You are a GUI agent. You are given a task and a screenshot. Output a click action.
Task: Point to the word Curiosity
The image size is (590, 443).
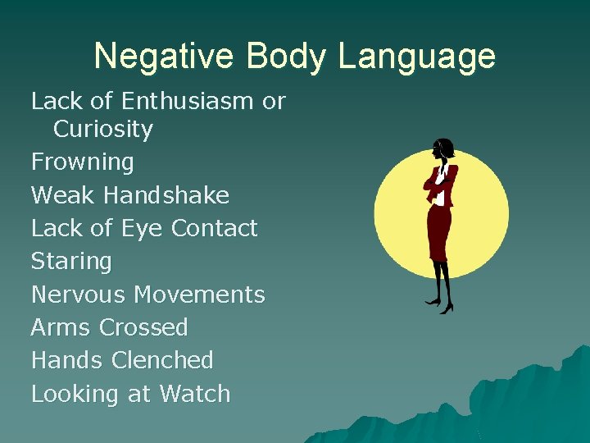(103, 130)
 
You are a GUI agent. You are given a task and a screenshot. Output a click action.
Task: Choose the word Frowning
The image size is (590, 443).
(82, 163)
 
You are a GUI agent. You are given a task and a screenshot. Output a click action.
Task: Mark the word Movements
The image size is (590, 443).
(200, 295)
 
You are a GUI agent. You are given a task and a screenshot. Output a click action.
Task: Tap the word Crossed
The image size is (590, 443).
(143, 327)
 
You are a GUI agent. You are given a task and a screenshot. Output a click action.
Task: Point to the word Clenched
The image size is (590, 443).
(162, 360)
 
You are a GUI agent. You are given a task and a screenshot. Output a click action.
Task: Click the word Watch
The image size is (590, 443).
(195, 394)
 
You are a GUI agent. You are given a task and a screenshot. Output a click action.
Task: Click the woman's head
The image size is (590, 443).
(443, 148)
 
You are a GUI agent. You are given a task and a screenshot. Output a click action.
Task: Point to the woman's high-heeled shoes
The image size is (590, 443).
(441, 305)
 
